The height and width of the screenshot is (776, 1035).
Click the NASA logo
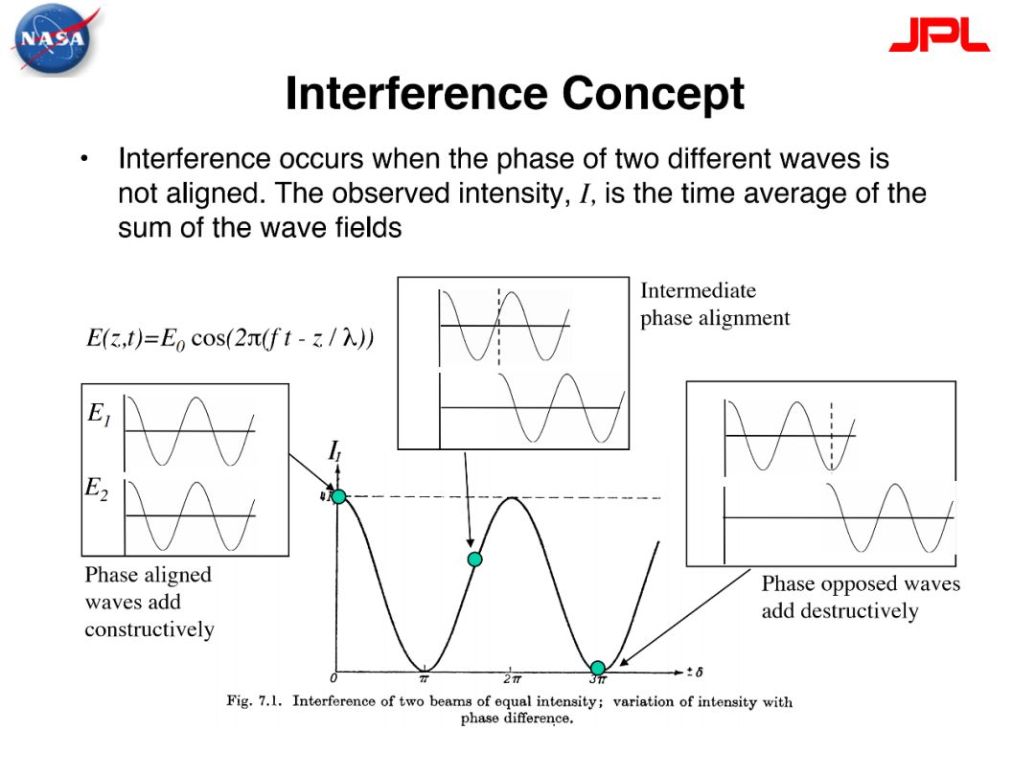click(x=54, y=38)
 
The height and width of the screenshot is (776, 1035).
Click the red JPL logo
click(x=939, y=34)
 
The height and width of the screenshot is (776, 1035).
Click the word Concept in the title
click(x=653, y=94)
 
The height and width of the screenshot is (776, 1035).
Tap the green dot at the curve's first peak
click(x=338, y=496)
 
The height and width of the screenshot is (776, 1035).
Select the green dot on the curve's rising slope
click(x=474, y=559)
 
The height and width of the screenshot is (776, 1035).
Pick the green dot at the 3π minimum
click(x=597, y=668)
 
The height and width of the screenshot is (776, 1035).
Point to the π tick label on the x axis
click(x=425, y=678)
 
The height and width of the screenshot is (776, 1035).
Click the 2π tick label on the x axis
click(x=512, y=678)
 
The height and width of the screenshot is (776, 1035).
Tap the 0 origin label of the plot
click(x=333, y=678)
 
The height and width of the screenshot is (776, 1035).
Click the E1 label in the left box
click(x=99, y=414)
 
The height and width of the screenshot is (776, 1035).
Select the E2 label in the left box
click(x=97, y=489)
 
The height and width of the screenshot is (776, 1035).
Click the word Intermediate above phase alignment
click(x=699, y=290)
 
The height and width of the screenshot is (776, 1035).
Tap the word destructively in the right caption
click(x=839, y=611)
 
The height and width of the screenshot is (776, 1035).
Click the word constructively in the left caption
click(x=149, y=629)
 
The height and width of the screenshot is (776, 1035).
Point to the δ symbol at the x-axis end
click(x=699, y=672)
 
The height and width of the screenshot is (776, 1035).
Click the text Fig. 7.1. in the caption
click(x=254, y=700)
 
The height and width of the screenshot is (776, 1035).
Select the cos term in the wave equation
click(x=208, y=338)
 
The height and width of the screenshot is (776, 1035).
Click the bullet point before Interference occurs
click(x=83, y=159)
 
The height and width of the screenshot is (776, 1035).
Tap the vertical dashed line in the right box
click(x=832, y=436)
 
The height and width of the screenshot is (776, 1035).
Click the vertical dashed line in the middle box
click(x=499, y=327)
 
